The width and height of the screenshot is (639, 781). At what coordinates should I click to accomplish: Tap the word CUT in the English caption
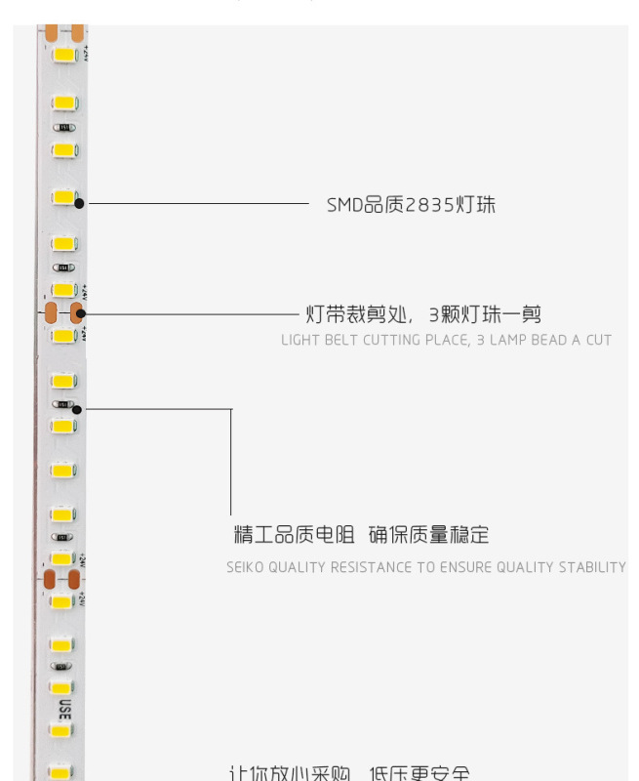[x=598, y=341]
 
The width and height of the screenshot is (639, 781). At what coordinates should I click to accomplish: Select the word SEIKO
[x=245, y=567]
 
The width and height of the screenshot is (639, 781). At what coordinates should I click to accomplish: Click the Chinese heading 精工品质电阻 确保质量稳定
[x=361, y=535]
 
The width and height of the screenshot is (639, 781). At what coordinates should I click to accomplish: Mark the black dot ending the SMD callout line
[x=79, y=204]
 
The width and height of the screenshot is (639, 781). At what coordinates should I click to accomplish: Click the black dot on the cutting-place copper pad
[x=81, y=314]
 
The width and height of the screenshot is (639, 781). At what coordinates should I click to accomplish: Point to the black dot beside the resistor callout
[x=77, y=409]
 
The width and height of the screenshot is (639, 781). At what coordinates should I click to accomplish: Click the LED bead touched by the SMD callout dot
[x=64, y=197]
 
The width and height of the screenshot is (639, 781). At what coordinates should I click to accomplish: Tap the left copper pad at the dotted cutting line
[x=50, y=313]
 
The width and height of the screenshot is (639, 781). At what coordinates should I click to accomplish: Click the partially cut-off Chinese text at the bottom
[x=349, y=774]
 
